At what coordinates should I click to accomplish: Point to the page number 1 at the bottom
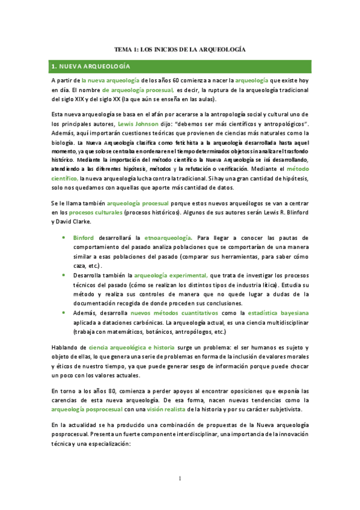(x=180, y=478)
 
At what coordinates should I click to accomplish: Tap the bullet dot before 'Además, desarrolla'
(x=65, y=313)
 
